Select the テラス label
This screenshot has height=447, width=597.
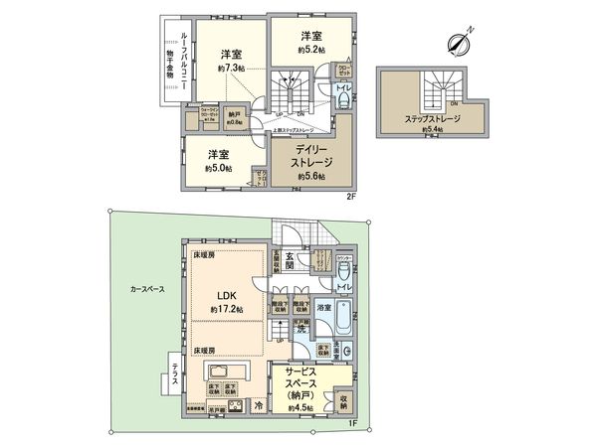click(x=175, y=377)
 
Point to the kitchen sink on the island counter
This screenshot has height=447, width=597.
click(x=219, y=371)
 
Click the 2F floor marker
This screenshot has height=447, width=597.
click(x=349, y=195)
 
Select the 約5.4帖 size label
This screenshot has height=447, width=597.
click(x=431, y=129)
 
